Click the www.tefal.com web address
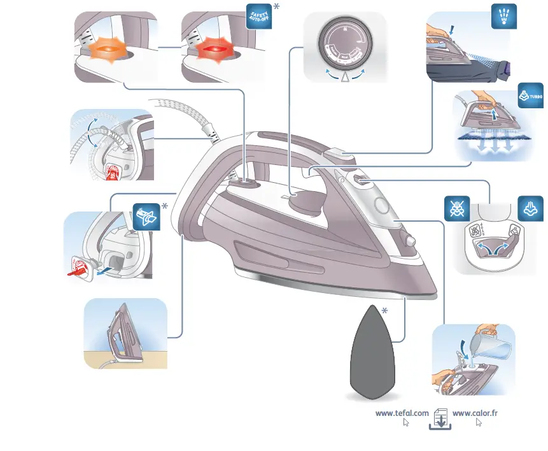pyautogui.click(x=402, y=413)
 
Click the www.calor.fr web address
pyautogui.click(x=475, y=413)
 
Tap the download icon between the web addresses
pyautogui.click(x=440, y=419)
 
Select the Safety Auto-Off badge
pyautogui.click(x=258, y=15)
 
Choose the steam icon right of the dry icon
pyautogui.click(x=531, y=208)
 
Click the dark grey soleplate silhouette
pyautogui.click(x=371, y=352)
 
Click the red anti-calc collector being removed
pyautogui.click(x=80, y=268)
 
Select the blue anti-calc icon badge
pyautogui.click(x=146, y=216)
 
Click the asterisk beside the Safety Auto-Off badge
pyautogui.click(x=276, y=7)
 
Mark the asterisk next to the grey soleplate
pyautogui.click(x=384, y=311)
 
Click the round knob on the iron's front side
pyautogui.click(x=410, y=241)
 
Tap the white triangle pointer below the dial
pyautogui.click(x=345, y=78)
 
